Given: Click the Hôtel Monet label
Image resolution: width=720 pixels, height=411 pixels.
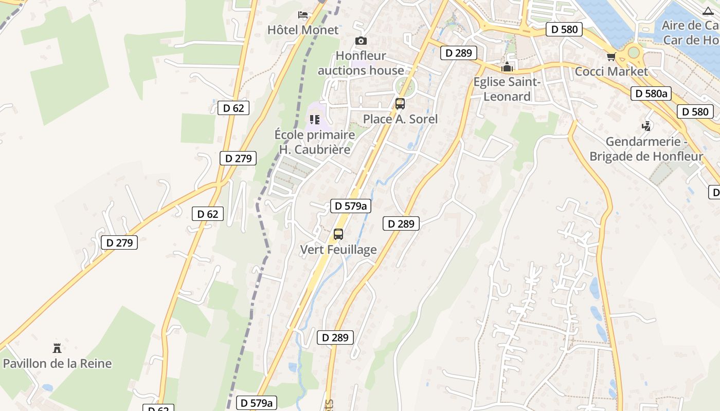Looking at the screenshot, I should point(303,30).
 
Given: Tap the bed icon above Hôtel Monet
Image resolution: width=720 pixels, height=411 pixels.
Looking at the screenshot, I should point(303,14).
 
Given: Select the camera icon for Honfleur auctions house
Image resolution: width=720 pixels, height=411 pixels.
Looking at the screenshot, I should point(361,41).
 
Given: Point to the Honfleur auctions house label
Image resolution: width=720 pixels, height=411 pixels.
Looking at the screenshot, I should point(361,63).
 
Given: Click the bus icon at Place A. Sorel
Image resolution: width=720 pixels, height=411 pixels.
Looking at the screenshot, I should point(400,104).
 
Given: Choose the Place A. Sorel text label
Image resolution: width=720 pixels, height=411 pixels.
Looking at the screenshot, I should point(400,119).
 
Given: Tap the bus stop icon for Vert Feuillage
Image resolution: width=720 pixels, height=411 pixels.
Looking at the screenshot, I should point(338,234).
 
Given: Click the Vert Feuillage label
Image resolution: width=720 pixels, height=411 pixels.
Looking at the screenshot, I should point(338,250).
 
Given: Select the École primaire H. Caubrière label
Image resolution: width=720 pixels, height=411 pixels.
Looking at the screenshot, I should point(315,142).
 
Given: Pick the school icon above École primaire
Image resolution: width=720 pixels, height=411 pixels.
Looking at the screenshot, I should point(315,120).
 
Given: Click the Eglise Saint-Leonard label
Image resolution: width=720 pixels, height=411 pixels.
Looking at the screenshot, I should point(507,89).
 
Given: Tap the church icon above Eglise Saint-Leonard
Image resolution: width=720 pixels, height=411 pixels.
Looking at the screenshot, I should point(507,67).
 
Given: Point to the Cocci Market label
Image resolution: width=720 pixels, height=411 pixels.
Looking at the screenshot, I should point(611,71).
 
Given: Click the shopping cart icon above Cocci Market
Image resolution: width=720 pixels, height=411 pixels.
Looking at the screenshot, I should point(611,57).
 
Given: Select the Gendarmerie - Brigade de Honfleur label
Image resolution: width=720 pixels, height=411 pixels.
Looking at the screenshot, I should point(646,148).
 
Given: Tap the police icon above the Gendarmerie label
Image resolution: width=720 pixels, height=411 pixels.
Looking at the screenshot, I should point(646,126).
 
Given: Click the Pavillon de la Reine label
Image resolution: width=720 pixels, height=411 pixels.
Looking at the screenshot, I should point(57,364).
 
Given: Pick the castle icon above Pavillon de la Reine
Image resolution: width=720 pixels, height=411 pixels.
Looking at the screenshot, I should point(57,348).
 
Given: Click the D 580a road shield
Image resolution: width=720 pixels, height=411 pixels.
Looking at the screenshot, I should point(651,94).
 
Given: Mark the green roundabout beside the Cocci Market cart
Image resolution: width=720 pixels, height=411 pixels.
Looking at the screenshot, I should point(634,52).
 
